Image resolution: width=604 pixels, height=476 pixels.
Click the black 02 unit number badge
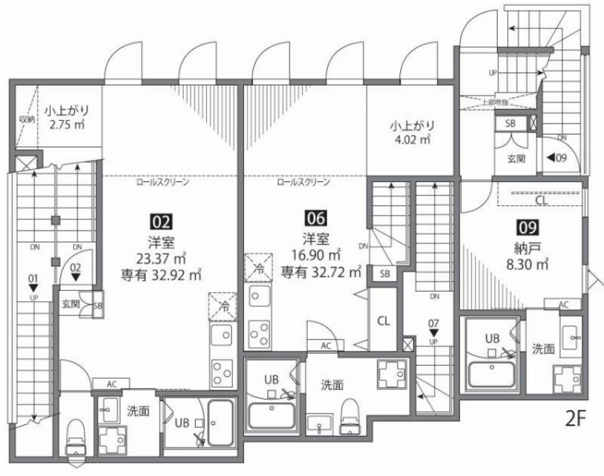159,221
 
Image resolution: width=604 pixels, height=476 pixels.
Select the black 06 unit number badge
315,218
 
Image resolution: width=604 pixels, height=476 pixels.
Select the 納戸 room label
527,247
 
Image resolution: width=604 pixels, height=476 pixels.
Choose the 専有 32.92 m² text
161,274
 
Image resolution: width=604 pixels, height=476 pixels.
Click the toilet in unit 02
75,434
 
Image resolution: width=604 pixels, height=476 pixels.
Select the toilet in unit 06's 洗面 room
348,418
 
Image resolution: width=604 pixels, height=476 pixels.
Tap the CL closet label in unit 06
383,320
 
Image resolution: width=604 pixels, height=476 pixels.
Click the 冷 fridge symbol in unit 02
224,307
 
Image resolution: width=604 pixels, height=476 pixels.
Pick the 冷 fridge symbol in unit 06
259,267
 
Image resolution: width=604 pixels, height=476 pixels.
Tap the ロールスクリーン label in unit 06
303,183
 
